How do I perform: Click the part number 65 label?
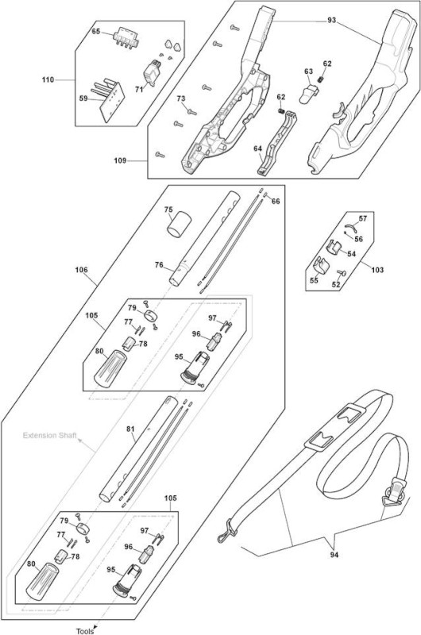(x=95, y=31)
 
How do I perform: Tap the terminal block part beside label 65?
(x=126, y=37)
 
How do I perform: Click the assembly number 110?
(x=48, y=80)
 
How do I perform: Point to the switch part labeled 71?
(x=153, y=72)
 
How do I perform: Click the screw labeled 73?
(x=191, y=111)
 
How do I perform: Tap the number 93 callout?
(x=332, y=21)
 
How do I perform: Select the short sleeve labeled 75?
(x=179, y=223)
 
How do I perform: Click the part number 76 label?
(x=159, y=265)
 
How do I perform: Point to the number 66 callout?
(x=276, y=202)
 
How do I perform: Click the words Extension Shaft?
(x=49, y=436)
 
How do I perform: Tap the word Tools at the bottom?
(x=85, y=631)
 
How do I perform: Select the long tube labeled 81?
(x=138, y=449)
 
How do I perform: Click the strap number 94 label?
(x=334, y=555)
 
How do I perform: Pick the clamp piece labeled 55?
(x=322, y=265)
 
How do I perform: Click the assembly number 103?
(x=377, y=270)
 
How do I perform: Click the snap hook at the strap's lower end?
(x=226, y=531)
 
